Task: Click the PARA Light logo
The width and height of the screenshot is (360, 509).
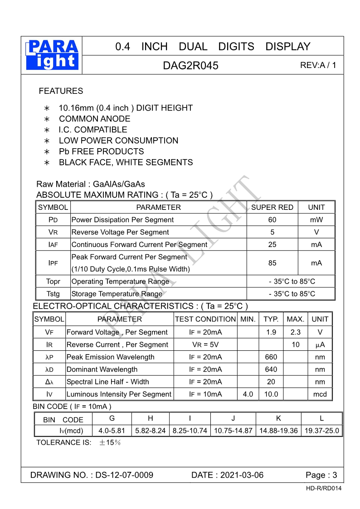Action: [53, 55]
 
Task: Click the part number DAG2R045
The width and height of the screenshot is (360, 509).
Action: [190, 65]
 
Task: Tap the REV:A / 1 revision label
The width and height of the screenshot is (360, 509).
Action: [318, 65]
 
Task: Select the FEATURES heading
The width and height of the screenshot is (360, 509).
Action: [61, 91]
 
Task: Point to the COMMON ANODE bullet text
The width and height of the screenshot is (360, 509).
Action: [94, 119]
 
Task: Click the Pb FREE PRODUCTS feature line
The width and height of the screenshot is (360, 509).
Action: [101, 151]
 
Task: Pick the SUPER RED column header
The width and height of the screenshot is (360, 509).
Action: [272, 207]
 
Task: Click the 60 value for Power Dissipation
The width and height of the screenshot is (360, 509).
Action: [272, 220]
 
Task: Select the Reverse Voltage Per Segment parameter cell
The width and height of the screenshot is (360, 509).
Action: [120, 232]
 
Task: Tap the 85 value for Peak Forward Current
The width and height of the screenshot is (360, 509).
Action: [272, 263]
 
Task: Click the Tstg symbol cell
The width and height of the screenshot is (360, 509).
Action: [53, 294]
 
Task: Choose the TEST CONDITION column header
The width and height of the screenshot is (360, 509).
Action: [205, 319]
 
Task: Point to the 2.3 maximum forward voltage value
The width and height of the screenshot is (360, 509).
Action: [295, 332]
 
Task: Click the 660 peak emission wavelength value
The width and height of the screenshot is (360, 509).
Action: [271, 357]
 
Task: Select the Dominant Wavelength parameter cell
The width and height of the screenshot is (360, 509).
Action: [102, 369]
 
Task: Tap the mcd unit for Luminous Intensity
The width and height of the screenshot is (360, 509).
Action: [320, 394]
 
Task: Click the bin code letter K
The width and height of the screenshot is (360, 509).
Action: [278, 418]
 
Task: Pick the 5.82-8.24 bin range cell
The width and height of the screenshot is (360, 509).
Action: [151, 431]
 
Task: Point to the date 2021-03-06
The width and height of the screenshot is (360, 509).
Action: [242, 475]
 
